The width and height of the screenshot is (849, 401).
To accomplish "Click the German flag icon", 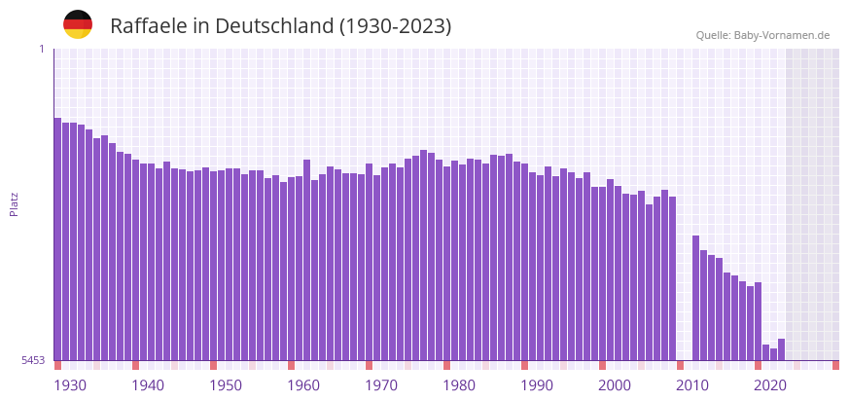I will pos(78,25).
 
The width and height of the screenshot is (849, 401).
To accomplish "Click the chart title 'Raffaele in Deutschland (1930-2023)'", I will pos(280,26).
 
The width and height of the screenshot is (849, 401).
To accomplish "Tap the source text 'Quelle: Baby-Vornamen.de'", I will pos(762,35).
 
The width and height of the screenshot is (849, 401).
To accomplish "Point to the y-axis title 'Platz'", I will pos(15,203).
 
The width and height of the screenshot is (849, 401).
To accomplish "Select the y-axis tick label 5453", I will pos(33,360).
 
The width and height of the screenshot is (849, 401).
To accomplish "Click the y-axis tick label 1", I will pos(41,49).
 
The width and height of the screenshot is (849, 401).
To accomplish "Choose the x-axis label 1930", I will pos(70,385).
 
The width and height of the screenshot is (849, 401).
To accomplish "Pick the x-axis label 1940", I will pos(148,385).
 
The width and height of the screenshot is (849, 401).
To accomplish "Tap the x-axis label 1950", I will pos(226,385).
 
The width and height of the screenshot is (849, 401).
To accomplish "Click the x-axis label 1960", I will pos(303,385).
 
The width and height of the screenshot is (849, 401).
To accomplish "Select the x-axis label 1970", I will pos(381,385).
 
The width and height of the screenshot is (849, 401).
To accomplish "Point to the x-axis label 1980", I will pos(459,385).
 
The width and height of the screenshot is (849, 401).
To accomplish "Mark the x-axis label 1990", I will pos(537,385).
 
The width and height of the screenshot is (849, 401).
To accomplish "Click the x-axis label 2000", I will pos(615,385).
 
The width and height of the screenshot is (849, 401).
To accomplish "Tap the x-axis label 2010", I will pos(692,385).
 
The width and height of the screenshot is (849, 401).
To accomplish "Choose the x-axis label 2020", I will pos(770,385).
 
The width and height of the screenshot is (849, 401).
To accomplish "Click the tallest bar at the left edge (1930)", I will pos(57,238).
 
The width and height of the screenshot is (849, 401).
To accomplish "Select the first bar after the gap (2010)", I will pos(695,297).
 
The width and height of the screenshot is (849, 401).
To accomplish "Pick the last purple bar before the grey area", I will pos(781,349).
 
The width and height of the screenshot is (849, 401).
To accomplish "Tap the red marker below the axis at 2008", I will pos(680,365).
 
